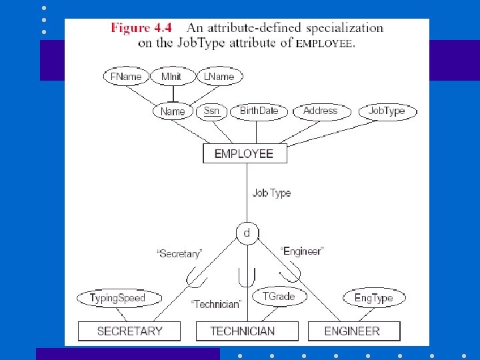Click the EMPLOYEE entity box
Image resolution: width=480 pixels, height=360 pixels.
[x=244, y=153]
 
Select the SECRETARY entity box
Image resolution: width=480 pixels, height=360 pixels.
[x=129, y=331]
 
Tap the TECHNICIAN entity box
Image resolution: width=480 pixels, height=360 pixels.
[x=242, y=331]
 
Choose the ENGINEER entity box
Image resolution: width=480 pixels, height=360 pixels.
[x=354, y=331]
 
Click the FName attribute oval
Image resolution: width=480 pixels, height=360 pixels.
[x=126, y=77]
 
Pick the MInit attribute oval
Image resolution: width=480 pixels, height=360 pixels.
[x=171, y=77]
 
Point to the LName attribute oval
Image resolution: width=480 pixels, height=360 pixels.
[x=219, y=77]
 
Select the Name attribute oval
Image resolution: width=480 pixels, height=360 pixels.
[x=173, y=111]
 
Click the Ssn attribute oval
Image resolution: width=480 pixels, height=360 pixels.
[x=211, y=111]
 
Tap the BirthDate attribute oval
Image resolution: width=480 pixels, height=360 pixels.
[x=259, y=111]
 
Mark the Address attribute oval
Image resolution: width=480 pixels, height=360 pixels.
[x=321, y=111]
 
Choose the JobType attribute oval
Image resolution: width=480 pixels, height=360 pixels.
[x=387, y=111]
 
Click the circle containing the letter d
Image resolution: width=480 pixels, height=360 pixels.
[x=247, y=233]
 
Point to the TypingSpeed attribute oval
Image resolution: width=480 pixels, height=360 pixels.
[x=117, y=298]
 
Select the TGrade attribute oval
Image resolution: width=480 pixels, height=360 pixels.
[x=278, y=296]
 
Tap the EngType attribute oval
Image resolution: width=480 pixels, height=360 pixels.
[x=373, y=298]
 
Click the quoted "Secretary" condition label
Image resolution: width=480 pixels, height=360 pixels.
[x=178, y=253]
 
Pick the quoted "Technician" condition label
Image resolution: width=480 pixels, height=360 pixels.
[x=215, y=304]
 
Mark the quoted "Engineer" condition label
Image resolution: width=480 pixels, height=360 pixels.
[x=302, y=251]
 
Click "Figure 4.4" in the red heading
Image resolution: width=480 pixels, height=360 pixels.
[x=141, y=28]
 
